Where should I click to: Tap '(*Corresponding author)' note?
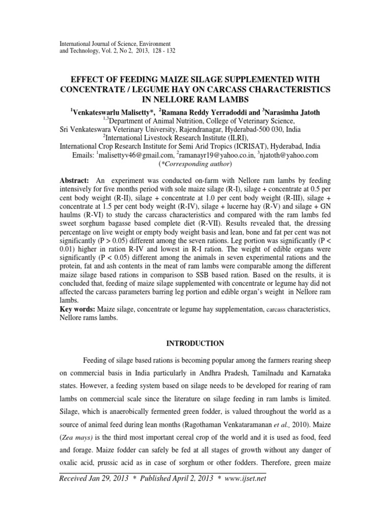(195, 164)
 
